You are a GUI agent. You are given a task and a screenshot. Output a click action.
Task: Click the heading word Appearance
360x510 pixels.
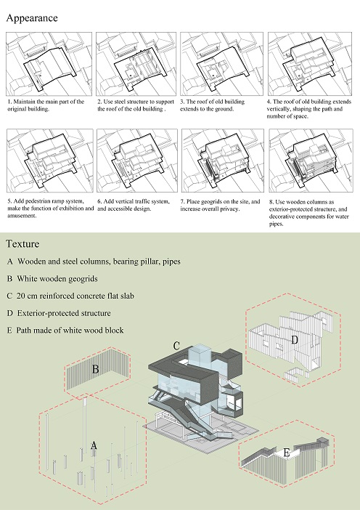coord(32,18)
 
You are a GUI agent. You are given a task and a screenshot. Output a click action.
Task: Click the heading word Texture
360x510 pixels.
coord(22,243)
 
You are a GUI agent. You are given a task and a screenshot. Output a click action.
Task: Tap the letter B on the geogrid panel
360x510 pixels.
coord(95,369)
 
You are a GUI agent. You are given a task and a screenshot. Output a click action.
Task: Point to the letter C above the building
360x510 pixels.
coord(176,346)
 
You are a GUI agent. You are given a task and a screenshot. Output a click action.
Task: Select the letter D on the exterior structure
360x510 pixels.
coord(295,340)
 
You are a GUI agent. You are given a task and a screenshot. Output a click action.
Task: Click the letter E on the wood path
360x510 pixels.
coord(286,453)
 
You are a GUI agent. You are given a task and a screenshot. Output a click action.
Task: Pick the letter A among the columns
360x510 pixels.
coord(94,445)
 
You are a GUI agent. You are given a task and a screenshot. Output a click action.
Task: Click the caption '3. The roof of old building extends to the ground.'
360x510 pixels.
coord(212,105)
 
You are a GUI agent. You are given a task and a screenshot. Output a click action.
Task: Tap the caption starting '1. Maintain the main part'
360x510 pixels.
coord(46,105)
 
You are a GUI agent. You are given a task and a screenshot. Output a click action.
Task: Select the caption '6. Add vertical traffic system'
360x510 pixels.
coord(134,205)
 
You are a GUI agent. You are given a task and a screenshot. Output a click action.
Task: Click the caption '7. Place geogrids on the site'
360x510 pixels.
coord(221,205)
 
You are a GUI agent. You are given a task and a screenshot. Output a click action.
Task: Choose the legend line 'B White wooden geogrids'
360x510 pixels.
coord(52,279)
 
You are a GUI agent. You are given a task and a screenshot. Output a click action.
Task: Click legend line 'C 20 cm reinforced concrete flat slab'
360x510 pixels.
coord(70,296)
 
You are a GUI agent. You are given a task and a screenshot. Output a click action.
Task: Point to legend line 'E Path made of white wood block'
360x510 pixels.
coord(65,331)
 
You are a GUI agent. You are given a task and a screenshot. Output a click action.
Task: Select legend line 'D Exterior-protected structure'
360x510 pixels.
coord(59,313)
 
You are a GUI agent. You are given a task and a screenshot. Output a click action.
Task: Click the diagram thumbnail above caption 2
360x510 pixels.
coord(136,64)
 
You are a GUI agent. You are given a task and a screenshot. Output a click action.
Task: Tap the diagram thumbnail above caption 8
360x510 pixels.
coord(311,161)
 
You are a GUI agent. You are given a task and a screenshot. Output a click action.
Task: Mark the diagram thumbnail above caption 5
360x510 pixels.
coord(49,161)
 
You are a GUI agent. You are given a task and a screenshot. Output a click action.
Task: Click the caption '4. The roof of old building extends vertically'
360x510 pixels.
coord(309,109)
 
